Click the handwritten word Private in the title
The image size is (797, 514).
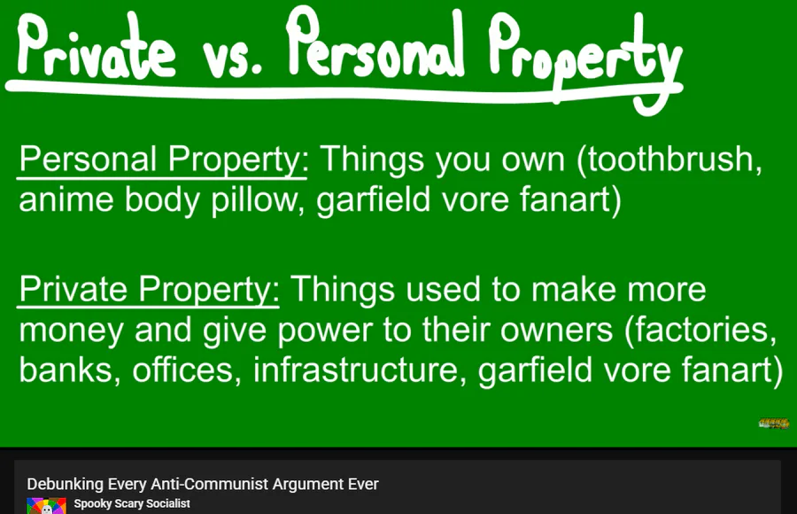pyautogui.click(x=97, y=47)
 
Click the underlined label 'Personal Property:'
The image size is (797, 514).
pyautogui.click(x=164, y=160)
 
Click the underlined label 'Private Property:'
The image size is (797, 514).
pyautogui.click(x=149, y=290)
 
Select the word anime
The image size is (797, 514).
pyautogui.click(x=66, y=199)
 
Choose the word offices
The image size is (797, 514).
pyautogui.click(x=187, y=370)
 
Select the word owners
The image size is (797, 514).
pyautogui.click(x=557, y=331)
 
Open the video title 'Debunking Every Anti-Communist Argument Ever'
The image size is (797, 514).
pyautogui.click(x=203, y=484)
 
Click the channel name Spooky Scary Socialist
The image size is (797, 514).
pyautogui.click(x=132, y=503)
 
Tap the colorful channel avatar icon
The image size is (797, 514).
pyautogui.click(x=46, y=506)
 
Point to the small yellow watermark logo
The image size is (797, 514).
pyautogui.click(x=774, y=423)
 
